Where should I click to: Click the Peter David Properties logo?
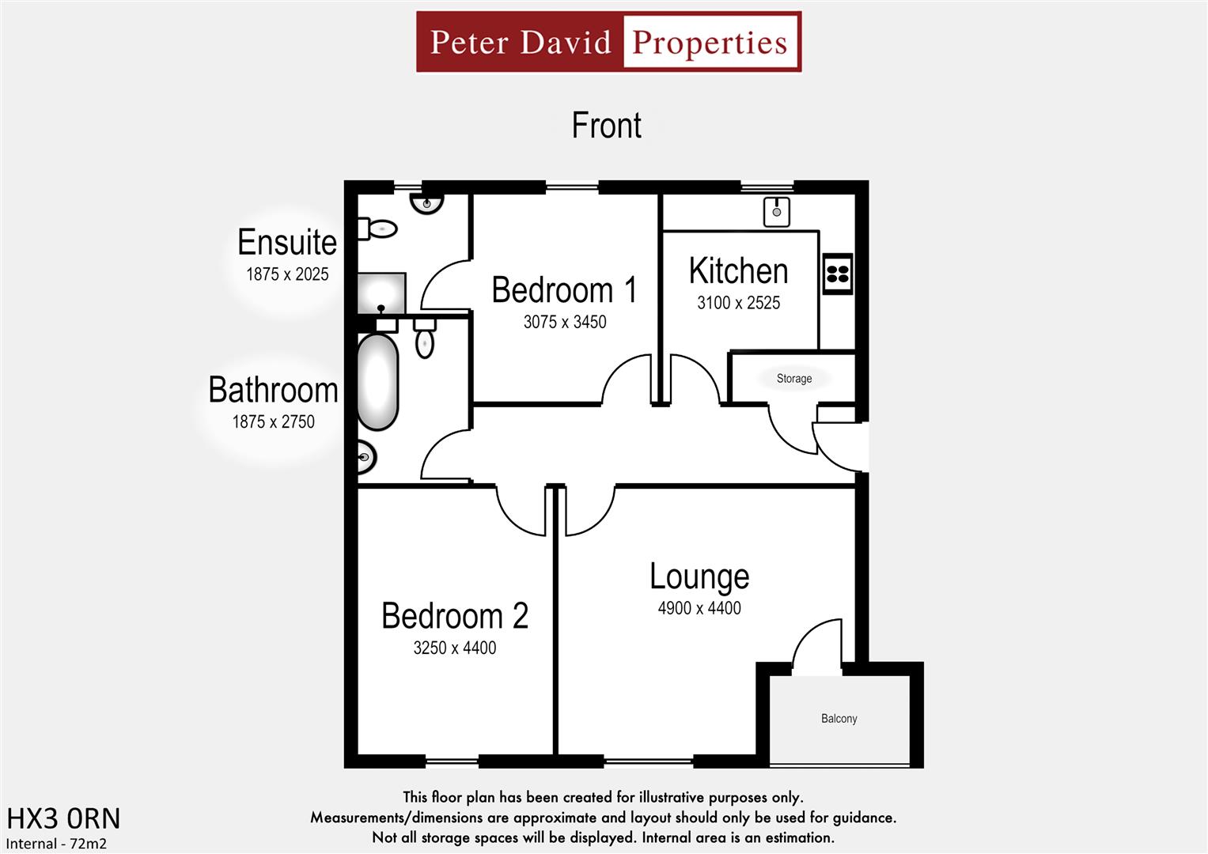608,42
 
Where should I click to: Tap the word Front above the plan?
607,126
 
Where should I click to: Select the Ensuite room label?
287,242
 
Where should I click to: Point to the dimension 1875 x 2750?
273,422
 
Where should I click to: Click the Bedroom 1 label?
564,290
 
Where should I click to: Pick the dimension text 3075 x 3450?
565,322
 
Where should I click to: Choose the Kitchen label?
738,271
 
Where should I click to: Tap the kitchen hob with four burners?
838,274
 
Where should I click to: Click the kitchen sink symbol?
777,212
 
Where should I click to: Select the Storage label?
794,379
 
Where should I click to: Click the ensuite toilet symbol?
378,229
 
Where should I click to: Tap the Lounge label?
699,576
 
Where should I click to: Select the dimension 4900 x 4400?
699,608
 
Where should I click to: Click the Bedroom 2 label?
455,616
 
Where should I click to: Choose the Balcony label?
839,719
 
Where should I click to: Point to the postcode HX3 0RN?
63,818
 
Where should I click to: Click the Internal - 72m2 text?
56,844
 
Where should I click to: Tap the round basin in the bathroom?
365,457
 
